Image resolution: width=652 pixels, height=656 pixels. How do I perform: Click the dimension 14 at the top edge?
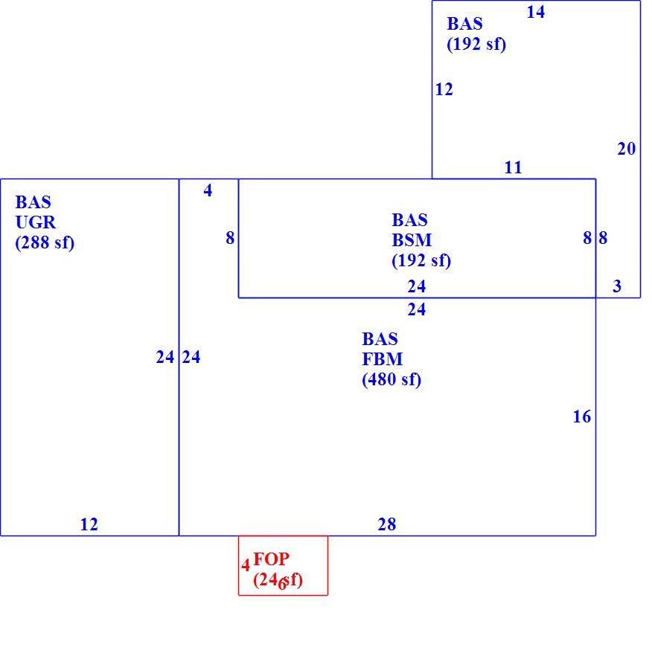(536, 12)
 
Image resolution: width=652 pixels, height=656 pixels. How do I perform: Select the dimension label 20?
(627, 149)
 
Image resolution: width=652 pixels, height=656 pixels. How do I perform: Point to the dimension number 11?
(513, 167)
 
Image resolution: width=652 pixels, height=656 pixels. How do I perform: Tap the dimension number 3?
(617, 286)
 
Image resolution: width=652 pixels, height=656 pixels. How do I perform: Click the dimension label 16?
(581, 417)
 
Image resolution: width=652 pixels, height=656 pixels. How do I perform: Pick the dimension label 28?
(386, 524)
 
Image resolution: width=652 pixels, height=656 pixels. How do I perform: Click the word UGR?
(36, 222)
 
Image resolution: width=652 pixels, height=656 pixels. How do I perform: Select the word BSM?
(412, 240)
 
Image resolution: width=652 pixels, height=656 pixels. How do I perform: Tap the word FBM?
(383, 359)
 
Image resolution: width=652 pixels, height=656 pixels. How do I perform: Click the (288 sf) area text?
(45, 242)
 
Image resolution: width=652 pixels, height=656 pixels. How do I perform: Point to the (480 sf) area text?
(391, 379)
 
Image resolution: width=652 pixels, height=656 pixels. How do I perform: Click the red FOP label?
(272, 559)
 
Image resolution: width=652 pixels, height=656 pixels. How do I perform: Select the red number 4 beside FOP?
(246, 565)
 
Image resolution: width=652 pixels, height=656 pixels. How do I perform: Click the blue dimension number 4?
(208, 190)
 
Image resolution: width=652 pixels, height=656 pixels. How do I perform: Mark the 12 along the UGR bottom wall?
(89, 524)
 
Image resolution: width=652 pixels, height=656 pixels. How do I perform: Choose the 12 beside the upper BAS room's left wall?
(444, 89)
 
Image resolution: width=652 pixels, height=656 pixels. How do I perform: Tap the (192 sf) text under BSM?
(421, 260)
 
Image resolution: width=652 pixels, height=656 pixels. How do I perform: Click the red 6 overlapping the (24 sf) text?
(282, 584)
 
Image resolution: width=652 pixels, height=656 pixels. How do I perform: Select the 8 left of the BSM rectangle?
(230, 238)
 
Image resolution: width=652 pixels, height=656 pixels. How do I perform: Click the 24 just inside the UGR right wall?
(165, 357)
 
